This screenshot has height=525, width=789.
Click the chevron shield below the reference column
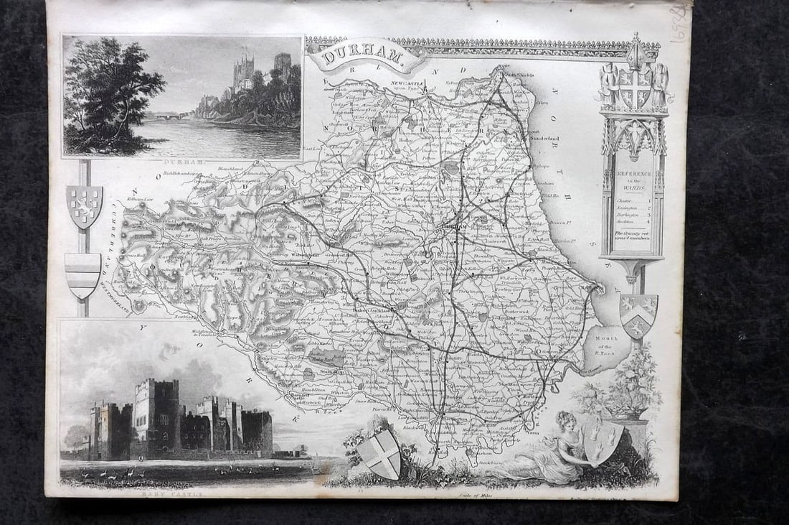tap(638, 315)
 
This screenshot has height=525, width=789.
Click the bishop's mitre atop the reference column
tap(635, 50)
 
